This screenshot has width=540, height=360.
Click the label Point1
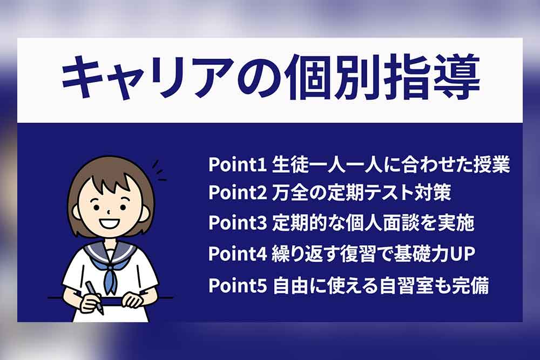(237, 165)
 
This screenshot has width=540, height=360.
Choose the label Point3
(237, 223)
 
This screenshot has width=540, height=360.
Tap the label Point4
(237, 254)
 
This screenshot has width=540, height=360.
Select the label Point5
(237, 286)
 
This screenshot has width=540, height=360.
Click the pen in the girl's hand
(94, 297)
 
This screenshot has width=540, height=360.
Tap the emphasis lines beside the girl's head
(159, 171)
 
